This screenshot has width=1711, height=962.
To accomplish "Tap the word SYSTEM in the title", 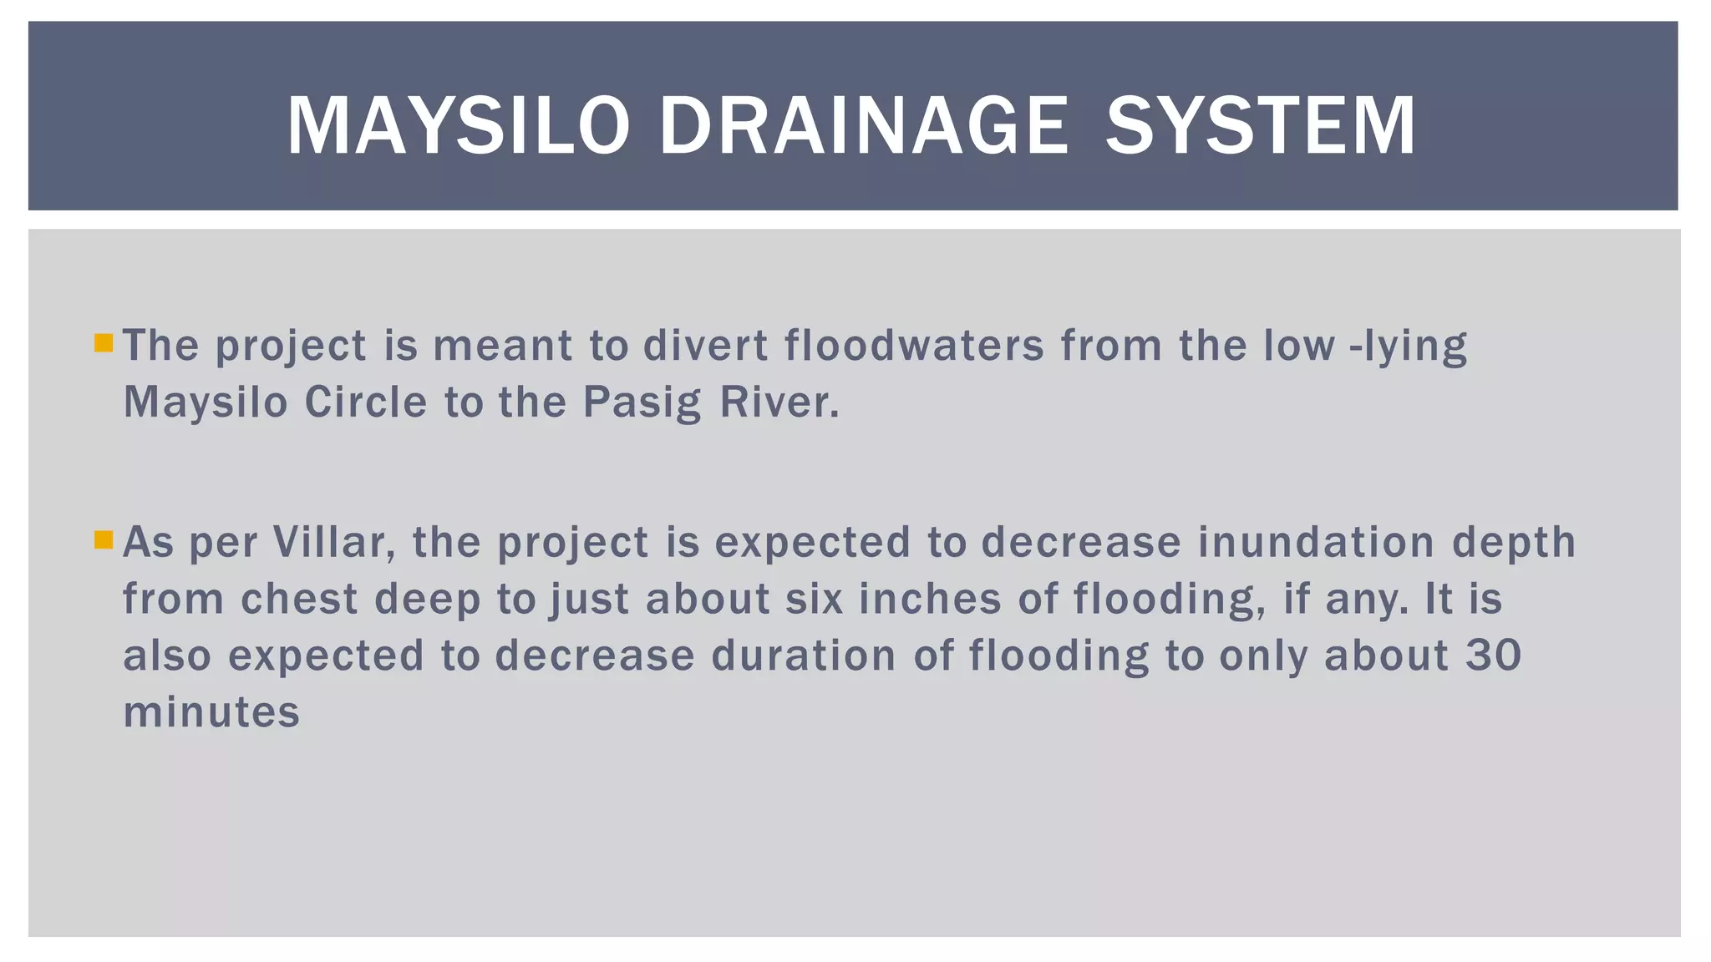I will click(1261, 126).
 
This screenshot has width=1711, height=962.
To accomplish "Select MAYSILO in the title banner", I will click(458, 126).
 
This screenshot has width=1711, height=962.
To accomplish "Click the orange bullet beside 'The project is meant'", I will click(104, 342).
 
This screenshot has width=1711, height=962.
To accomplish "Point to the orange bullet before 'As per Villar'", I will click(104, 539).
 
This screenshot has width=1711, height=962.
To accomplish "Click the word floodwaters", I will click(914, 345).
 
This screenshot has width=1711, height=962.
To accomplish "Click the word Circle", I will click(366, 403).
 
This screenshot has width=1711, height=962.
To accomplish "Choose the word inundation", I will click(1316, 542).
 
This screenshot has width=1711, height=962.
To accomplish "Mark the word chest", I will click(299, 599).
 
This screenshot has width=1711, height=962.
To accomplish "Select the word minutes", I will click(211, 712).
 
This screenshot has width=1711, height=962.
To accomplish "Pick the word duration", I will click(804, 656).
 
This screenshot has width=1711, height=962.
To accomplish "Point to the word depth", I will click(1513, 544).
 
